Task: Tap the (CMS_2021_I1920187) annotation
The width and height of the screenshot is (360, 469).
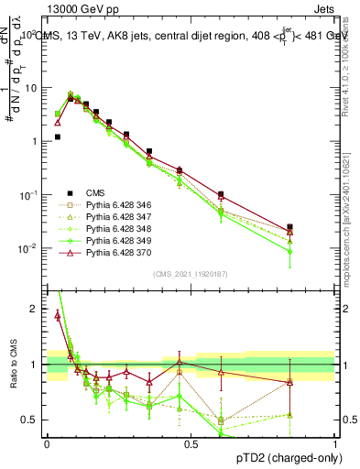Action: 191,273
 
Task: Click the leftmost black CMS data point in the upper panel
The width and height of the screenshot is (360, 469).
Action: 58,136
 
